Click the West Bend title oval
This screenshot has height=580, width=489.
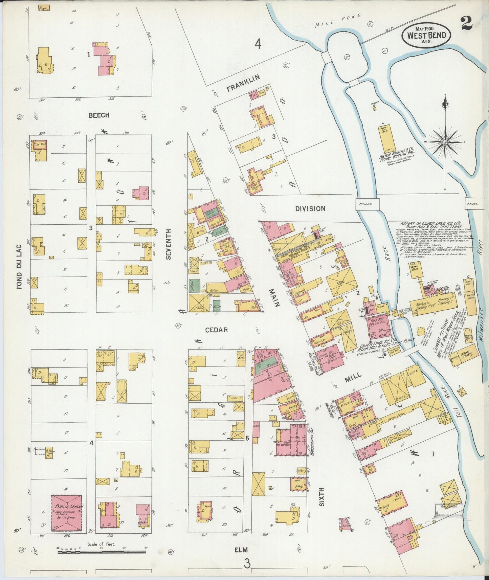(x=426, y=35)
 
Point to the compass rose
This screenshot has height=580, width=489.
(x=445, y=142)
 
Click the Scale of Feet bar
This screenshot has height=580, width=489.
(x=98, y=552)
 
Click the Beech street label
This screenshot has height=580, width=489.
(x=99, y=115)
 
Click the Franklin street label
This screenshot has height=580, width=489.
(x=243, y=83)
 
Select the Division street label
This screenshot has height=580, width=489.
(x=310, y=209)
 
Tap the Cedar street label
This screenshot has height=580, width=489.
(x=217, y=330)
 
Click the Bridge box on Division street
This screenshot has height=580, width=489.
(x=368, y=204)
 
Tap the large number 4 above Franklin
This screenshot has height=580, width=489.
(x=258, y=44)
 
